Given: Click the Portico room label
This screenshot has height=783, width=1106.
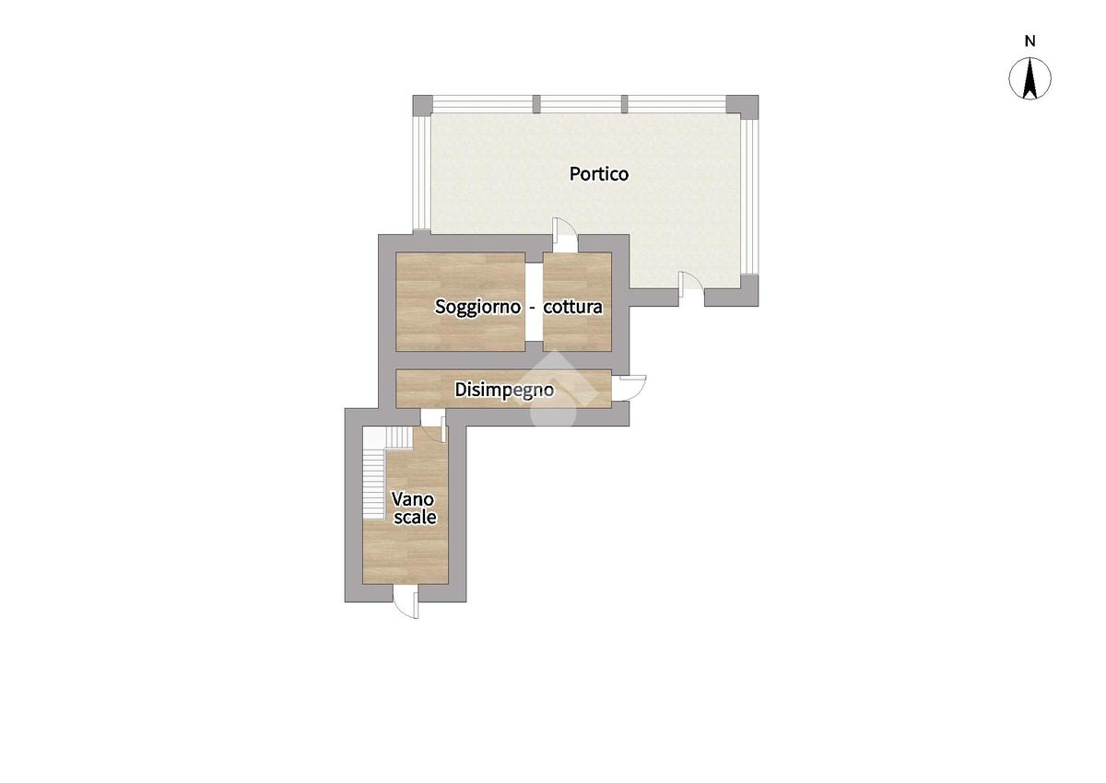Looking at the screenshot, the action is coord(599,174).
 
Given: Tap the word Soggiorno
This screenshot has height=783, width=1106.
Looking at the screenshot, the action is coord(477,308).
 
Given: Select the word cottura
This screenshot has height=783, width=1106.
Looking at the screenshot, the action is coord(572,308).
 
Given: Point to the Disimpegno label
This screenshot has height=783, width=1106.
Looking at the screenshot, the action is coord(504,391).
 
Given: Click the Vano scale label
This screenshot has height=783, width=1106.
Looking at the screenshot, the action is coord(414,508).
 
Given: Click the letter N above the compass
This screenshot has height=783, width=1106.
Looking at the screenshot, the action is coord(1030,41).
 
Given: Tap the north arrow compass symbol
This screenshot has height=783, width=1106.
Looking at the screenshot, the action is coord(1030,79).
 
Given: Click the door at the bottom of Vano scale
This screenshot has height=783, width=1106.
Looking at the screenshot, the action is coord(406,601).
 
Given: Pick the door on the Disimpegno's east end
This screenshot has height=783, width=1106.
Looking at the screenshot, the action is coord(629,389).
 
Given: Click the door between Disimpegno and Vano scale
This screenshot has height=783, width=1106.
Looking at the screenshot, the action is coord(433,425).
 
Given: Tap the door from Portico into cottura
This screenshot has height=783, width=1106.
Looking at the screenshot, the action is coord(565,234).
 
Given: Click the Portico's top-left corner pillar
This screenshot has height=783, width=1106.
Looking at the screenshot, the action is coord(423,105).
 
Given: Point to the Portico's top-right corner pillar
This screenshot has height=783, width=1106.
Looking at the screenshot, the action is coord(742,107).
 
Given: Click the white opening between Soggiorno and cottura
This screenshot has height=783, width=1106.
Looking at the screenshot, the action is coord(534,302).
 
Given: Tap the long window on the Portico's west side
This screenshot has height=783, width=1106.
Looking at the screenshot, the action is coord(422,172).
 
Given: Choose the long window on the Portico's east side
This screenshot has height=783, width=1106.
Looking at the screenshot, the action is coord(749,196).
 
